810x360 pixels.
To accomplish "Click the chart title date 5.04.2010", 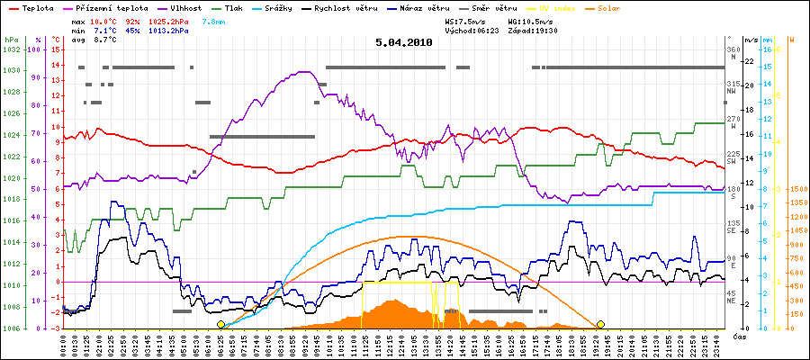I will click(404, 41).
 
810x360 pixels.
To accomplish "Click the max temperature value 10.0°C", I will click(104, 19).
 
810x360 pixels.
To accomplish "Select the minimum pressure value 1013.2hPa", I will click(168, 30).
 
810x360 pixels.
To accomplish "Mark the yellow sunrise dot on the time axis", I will click(221, 324).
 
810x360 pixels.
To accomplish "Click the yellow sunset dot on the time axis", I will click(600, 324).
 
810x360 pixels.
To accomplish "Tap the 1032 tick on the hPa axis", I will click(11, 49).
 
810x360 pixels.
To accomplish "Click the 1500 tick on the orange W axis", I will click(796, 190).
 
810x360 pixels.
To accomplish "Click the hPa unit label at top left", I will click(11, 40).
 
